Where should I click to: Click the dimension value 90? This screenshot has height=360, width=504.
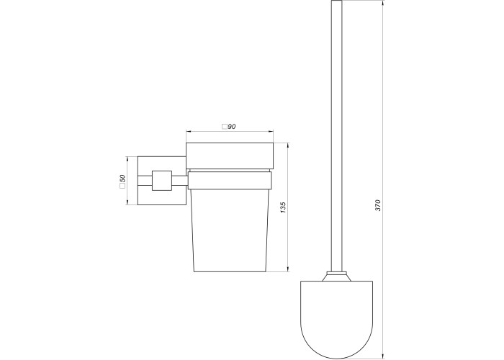pos(232,127)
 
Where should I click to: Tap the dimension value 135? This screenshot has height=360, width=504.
pos(283,207)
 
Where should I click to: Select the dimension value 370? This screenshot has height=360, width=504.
pos(378,205)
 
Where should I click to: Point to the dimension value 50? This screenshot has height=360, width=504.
pos(122,178)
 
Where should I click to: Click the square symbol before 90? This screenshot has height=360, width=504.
pos(225,127)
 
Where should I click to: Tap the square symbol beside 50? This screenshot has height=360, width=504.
pos(122,186)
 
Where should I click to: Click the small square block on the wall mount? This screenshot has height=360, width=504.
pos(162,181)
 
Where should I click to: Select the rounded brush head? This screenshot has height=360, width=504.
pos(336,319)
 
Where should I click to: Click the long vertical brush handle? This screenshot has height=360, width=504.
pos(336,136)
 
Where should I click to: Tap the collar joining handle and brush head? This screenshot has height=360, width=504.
pos(336,276)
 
